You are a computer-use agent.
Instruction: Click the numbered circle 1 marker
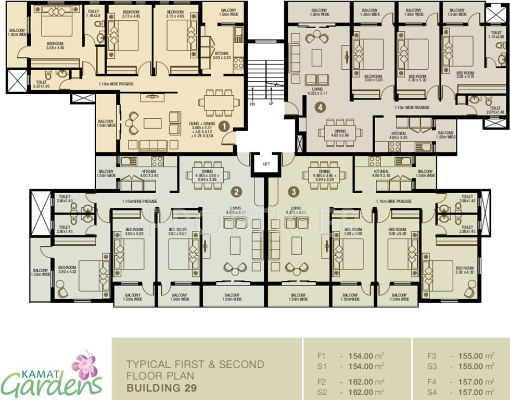tap(224, 126)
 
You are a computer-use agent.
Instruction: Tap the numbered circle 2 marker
tap(236, 192)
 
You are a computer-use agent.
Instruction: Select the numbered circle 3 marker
tap(295, 192)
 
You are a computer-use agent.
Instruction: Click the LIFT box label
tap(266, 164)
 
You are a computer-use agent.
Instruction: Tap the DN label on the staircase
tap(252, 104)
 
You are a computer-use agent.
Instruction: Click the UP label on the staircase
tap(271, 104)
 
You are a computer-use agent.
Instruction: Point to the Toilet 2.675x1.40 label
tap(495, 110)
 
